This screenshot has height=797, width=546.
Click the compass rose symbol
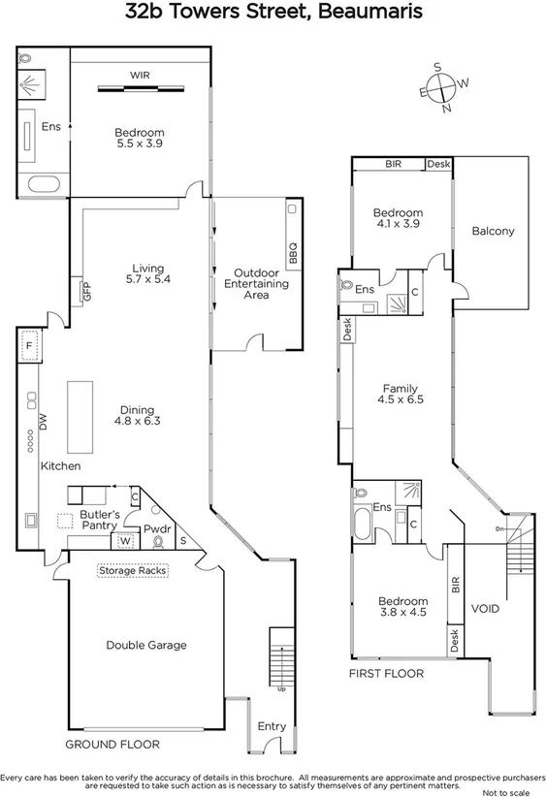coord(443,87)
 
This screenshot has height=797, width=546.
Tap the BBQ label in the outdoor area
coord(292,253)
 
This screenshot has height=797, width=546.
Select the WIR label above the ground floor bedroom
coord(140,75)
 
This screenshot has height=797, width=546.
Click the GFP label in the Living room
coord(86,290)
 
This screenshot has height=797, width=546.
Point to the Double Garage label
coord(146,645)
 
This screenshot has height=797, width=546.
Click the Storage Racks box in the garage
coord(133,571)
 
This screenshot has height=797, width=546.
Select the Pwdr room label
coord(157,529)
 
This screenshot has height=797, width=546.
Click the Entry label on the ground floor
coord(272,726)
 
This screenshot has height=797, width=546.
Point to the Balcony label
coord(493,231)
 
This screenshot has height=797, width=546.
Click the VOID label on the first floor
coord(485,609)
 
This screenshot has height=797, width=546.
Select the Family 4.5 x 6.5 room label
coord(402,392)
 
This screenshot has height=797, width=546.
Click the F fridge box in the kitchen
coord(30,345)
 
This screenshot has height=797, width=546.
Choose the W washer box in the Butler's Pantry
coord(125,541)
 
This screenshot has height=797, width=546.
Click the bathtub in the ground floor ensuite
coord(42,183)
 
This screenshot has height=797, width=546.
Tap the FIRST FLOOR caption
coord(387,672)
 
